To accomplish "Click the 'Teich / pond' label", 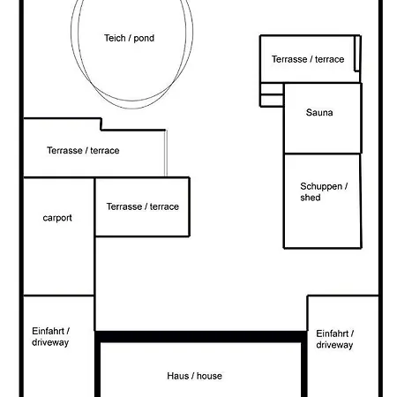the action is (x=129, y=38).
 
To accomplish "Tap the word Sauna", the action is (x=319, y=112).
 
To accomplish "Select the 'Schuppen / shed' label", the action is (x=324, y=191).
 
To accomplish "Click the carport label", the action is (x=57, y=218).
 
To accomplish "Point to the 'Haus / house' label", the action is (x=194, y=376).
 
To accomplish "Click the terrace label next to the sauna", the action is (x=308, y=59).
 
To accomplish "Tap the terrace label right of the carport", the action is (x=143, y=206).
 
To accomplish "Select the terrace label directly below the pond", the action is (x=83, y=150).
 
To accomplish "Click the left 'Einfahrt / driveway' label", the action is (x=50, y=337).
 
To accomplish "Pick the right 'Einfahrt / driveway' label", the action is (x=335, y=339).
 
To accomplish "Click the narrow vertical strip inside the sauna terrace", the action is (x=357, y=53).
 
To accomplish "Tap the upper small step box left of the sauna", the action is (x=272, y=89).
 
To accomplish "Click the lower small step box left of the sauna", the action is (x=272, y=101).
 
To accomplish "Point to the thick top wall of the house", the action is (x=201, y=336).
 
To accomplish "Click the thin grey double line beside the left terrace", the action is (x=166, y=154).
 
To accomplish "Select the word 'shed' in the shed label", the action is (x=311, y=198).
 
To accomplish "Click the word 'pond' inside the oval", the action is (x=144, y=39).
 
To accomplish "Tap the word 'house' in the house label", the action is (x=209, y=376).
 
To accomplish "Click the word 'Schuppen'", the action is (x=321, y=187).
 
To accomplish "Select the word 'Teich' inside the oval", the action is (x=115, y=38).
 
